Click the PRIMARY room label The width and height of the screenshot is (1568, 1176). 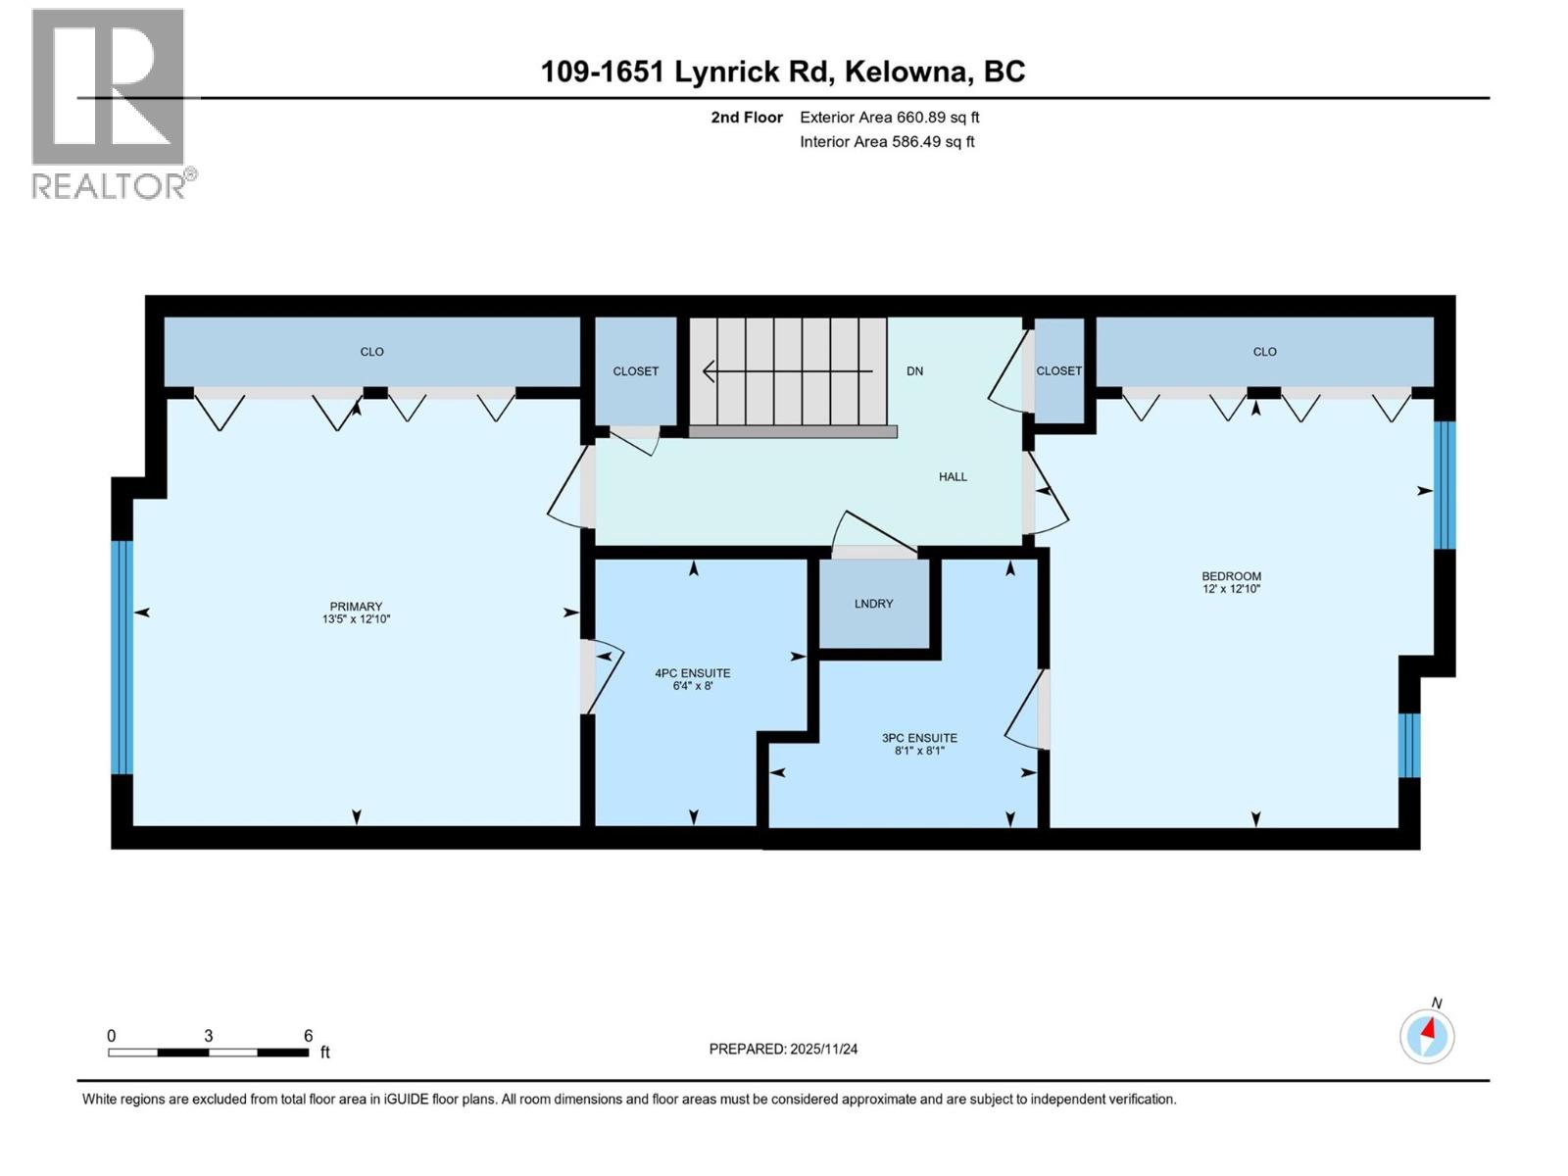click(x=356, y=607)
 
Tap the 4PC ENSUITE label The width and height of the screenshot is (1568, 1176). click(x=692, y=673)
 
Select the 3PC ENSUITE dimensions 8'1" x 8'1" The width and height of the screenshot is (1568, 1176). click(x=918, y=752)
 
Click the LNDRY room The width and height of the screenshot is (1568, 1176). click(x=873, y=604)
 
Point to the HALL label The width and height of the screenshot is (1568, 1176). click(x=953, y=477)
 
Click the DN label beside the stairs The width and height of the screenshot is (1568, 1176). click(x=914, y=371)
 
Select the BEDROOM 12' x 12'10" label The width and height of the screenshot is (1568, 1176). click(x=1231, y=582)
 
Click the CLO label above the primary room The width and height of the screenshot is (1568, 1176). click(x=371, y=352)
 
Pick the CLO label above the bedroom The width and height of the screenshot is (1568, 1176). click(x=1264, y=352)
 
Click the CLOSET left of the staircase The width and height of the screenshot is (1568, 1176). click(x=636, y=371)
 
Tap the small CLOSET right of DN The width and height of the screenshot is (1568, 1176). click(x=1058, y=371)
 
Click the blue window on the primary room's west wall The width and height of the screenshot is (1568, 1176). click(x=122, y=657)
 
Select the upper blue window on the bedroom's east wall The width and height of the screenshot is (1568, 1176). click(x=1444, y=485)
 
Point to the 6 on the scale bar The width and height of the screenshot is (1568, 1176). click(x=308, y=1036)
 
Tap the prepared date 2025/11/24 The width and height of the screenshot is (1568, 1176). click(x=783, y=1049)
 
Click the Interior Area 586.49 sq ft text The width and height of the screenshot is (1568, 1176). click(x=887, y=141)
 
